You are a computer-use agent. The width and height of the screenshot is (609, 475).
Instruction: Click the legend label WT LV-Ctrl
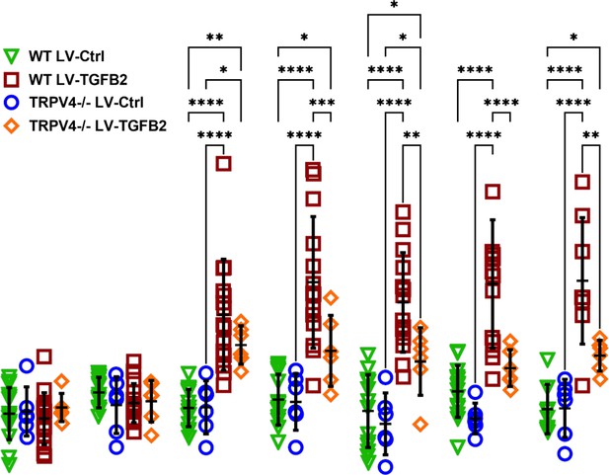point(66,56)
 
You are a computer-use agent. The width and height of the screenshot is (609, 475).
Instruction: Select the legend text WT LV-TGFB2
point(78,80)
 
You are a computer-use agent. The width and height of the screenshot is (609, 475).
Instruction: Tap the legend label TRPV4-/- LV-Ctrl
point(86,103)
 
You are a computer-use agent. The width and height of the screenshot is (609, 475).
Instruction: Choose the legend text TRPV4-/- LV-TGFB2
point(98,126)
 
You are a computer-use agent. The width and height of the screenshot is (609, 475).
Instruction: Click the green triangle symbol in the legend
point(11,56)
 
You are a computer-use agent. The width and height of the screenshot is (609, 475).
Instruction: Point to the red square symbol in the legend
point(11,79)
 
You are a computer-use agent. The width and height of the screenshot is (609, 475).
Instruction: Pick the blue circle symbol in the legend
point(12,103)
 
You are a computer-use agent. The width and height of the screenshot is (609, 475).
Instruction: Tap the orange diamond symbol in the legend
point(11,126)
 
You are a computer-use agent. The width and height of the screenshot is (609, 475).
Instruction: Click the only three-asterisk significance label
point(322,103)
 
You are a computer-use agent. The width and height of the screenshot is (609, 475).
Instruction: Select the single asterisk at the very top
point(394,5)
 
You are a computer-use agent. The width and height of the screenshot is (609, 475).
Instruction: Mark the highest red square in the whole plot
point(224,164)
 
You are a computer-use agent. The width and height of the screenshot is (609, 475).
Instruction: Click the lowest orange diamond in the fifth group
point(420,424)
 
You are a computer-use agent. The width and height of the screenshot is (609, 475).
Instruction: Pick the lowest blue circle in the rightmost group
point(566,453)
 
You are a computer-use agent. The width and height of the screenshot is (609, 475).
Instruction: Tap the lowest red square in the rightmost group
point(582,385)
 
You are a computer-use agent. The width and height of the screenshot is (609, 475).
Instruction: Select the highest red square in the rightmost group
point(582,182)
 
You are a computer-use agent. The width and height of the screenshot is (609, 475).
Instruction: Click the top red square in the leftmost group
point(44,356)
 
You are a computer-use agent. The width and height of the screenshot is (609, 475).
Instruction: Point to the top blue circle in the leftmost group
point(27,365)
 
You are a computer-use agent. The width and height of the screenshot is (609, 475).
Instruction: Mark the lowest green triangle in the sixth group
point(458,446)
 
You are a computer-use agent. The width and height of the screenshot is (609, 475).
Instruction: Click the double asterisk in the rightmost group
point(591,135)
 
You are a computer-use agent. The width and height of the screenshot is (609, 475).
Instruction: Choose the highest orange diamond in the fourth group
point(331,298)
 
